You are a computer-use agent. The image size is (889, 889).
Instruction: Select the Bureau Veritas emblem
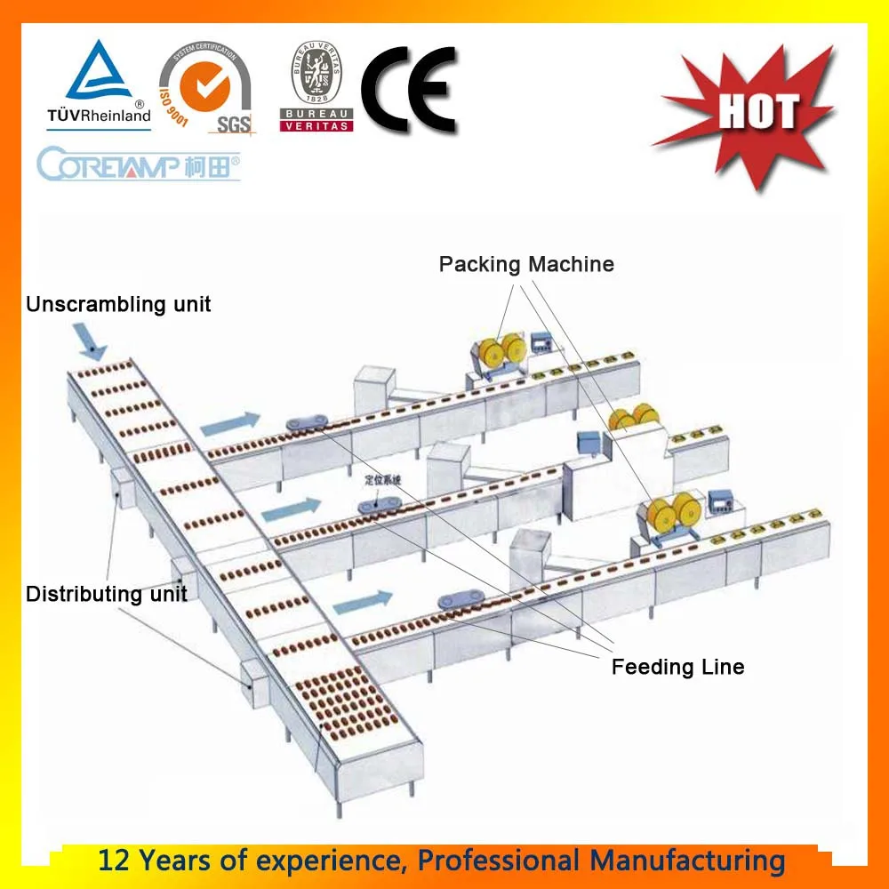coord(316,87)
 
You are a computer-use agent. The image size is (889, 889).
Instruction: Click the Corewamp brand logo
coord(139,165)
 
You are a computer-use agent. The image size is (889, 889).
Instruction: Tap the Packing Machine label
coord(526,264)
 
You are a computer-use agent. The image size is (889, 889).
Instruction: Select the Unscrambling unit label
coord(118,304)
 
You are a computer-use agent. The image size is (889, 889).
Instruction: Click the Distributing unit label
coord(107,594)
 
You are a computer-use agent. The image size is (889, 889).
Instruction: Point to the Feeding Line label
coord(677,666)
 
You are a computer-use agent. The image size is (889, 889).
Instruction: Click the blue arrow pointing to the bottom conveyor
coord(363,601)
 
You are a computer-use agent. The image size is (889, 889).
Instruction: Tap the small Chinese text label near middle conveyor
coord(383,481)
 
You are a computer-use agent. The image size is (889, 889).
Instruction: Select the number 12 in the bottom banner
coord(114,861)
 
